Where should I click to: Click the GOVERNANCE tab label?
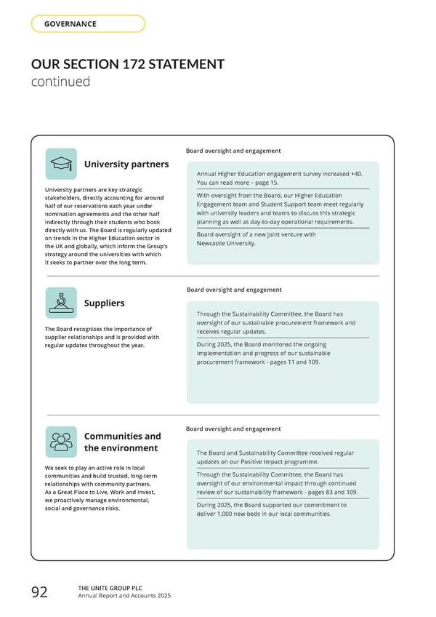pos(70,24)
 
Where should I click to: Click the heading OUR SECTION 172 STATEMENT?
pos(127,64)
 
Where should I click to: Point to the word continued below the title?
pos(60,81)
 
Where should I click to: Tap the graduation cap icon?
pos(61,164)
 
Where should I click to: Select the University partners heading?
pos(126,164)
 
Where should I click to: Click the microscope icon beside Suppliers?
pos(61,303)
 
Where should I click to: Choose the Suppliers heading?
pos(104,303)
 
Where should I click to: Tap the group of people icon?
pos(61,442)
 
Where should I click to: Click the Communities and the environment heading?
pos(122,442)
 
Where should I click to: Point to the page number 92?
pos(39,592)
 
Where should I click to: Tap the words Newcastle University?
pos(226,244)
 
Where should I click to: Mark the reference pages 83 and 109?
pos(327,492)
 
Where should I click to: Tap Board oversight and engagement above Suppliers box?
pos(234,290)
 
